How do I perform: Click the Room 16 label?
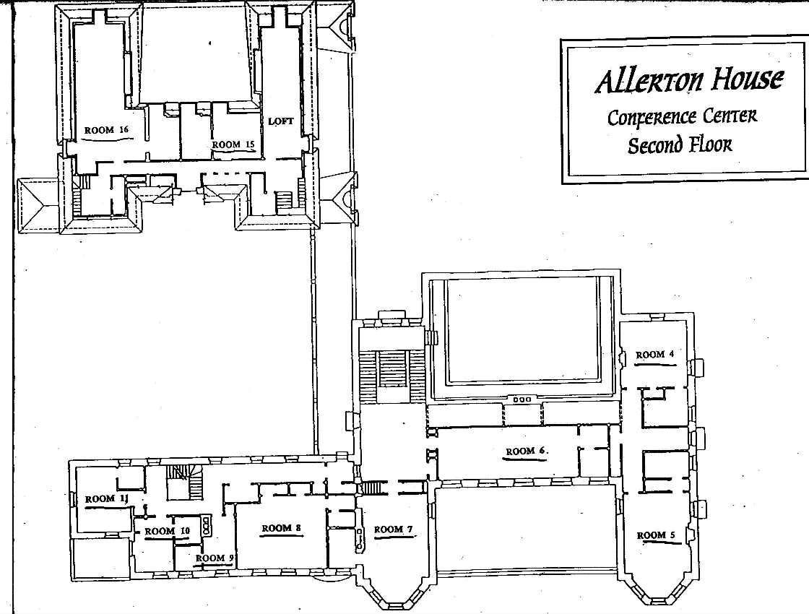point(106,130)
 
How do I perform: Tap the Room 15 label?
point(233,145)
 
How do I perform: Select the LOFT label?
point(281,121)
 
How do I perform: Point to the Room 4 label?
point(654,355)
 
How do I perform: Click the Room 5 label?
point(656,535)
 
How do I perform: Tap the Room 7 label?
point(394,529)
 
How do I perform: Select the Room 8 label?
point(281,528)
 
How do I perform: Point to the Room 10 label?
point(167,532)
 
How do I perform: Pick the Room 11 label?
point(107,499)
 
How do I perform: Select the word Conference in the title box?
point(651,117)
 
